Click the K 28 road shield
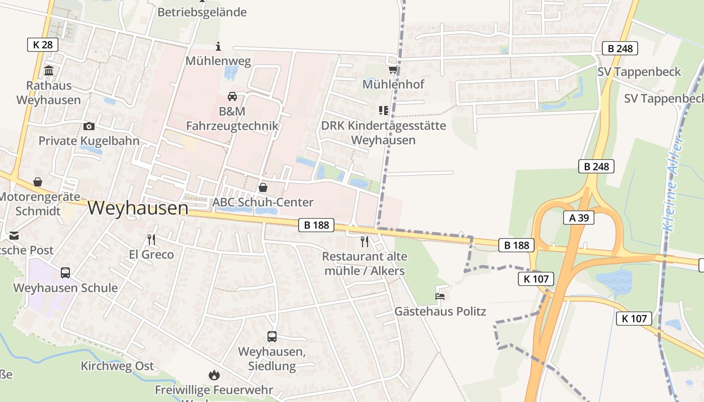(43, 45)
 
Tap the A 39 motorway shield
(579, 218)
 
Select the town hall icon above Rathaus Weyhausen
(49, 71)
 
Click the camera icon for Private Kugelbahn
(89, 126)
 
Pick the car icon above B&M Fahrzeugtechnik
(232, 96)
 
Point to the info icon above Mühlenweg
(218, 47)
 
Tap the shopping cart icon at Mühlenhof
(393, 70)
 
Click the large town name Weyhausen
(138, 208)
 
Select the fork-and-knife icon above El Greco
(151, 239)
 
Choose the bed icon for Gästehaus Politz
(440, 296)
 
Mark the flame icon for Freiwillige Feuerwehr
(214, 375)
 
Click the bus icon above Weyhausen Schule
(65, 273)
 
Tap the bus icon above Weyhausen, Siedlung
(272, 337)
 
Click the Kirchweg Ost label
(117, 366)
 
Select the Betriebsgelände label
(202, 12)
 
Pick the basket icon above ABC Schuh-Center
(262, 187)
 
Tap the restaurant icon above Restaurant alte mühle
(365, 242)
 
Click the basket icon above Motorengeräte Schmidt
(37, 182)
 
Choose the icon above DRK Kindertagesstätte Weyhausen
(384, 110)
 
